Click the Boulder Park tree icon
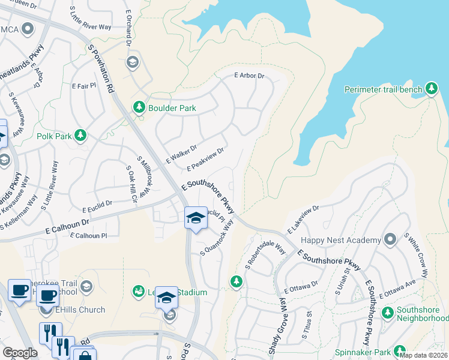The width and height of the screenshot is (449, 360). tap(139, 107)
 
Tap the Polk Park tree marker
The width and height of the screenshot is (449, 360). tap(80, 136)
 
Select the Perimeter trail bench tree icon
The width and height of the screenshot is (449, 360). tap(431, 89)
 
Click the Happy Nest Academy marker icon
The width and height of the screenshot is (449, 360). tap(390, 239)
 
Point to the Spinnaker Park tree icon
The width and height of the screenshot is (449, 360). tap(399, 352)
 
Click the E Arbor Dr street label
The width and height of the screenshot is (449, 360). tap(249, 76)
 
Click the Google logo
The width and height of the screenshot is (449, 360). tap(20, 352)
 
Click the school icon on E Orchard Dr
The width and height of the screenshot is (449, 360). tap(133, 62)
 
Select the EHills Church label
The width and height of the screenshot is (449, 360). tap(79, 310)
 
